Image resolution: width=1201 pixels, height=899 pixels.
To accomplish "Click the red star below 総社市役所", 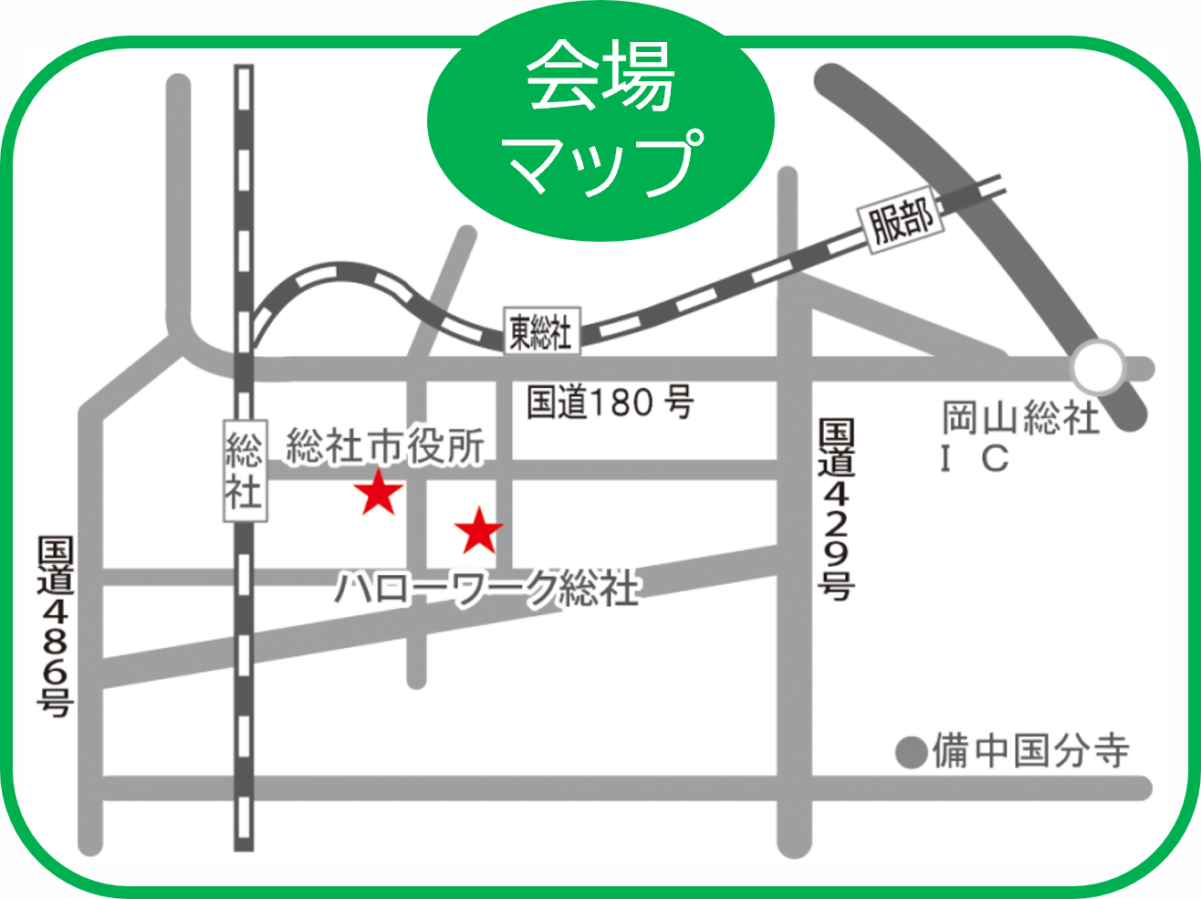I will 379,493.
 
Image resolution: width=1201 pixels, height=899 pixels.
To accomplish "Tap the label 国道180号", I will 610,402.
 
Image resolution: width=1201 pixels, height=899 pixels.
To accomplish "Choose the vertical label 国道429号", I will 836,509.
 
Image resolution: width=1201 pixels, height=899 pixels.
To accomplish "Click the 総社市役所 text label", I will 385,446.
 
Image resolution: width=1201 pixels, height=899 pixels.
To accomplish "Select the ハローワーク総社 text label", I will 487,589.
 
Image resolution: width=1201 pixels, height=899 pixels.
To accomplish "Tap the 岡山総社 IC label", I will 1020,437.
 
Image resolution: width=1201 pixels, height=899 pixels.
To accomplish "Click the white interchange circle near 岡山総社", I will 1097,368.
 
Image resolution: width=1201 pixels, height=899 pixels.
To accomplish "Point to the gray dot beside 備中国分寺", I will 911,753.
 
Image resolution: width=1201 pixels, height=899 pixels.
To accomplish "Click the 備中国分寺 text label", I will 1030,751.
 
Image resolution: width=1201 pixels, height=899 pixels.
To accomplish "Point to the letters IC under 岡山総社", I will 976,458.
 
